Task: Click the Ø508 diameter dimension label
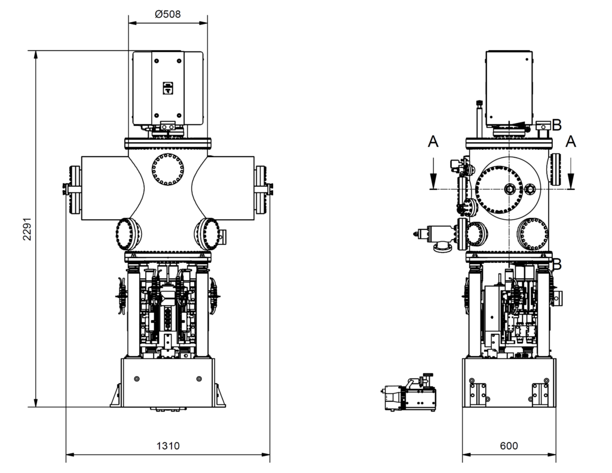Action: point(167,14)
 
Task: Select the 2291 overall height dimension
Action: point(26,228)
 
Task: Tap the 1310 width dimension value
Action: point(168,446)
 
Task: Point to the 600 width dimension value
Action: point(509,446)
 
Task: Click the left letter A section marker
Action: point(433,142)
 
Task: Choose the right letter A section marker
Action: point(571,142)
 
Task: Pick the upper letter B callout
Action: point(556,125)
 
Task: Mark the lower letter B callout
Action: point(557,263)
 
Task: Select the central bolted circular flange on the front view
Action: point(167,169)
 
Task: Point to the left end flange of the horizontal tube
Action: point(75,190)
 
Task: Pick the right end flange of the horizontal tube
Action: point(261,190)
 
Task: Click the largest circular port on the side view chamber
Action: point(508,188)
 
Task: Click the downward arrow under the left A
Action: point(433,176)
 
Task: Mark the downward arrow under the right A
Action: point(571,176)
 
